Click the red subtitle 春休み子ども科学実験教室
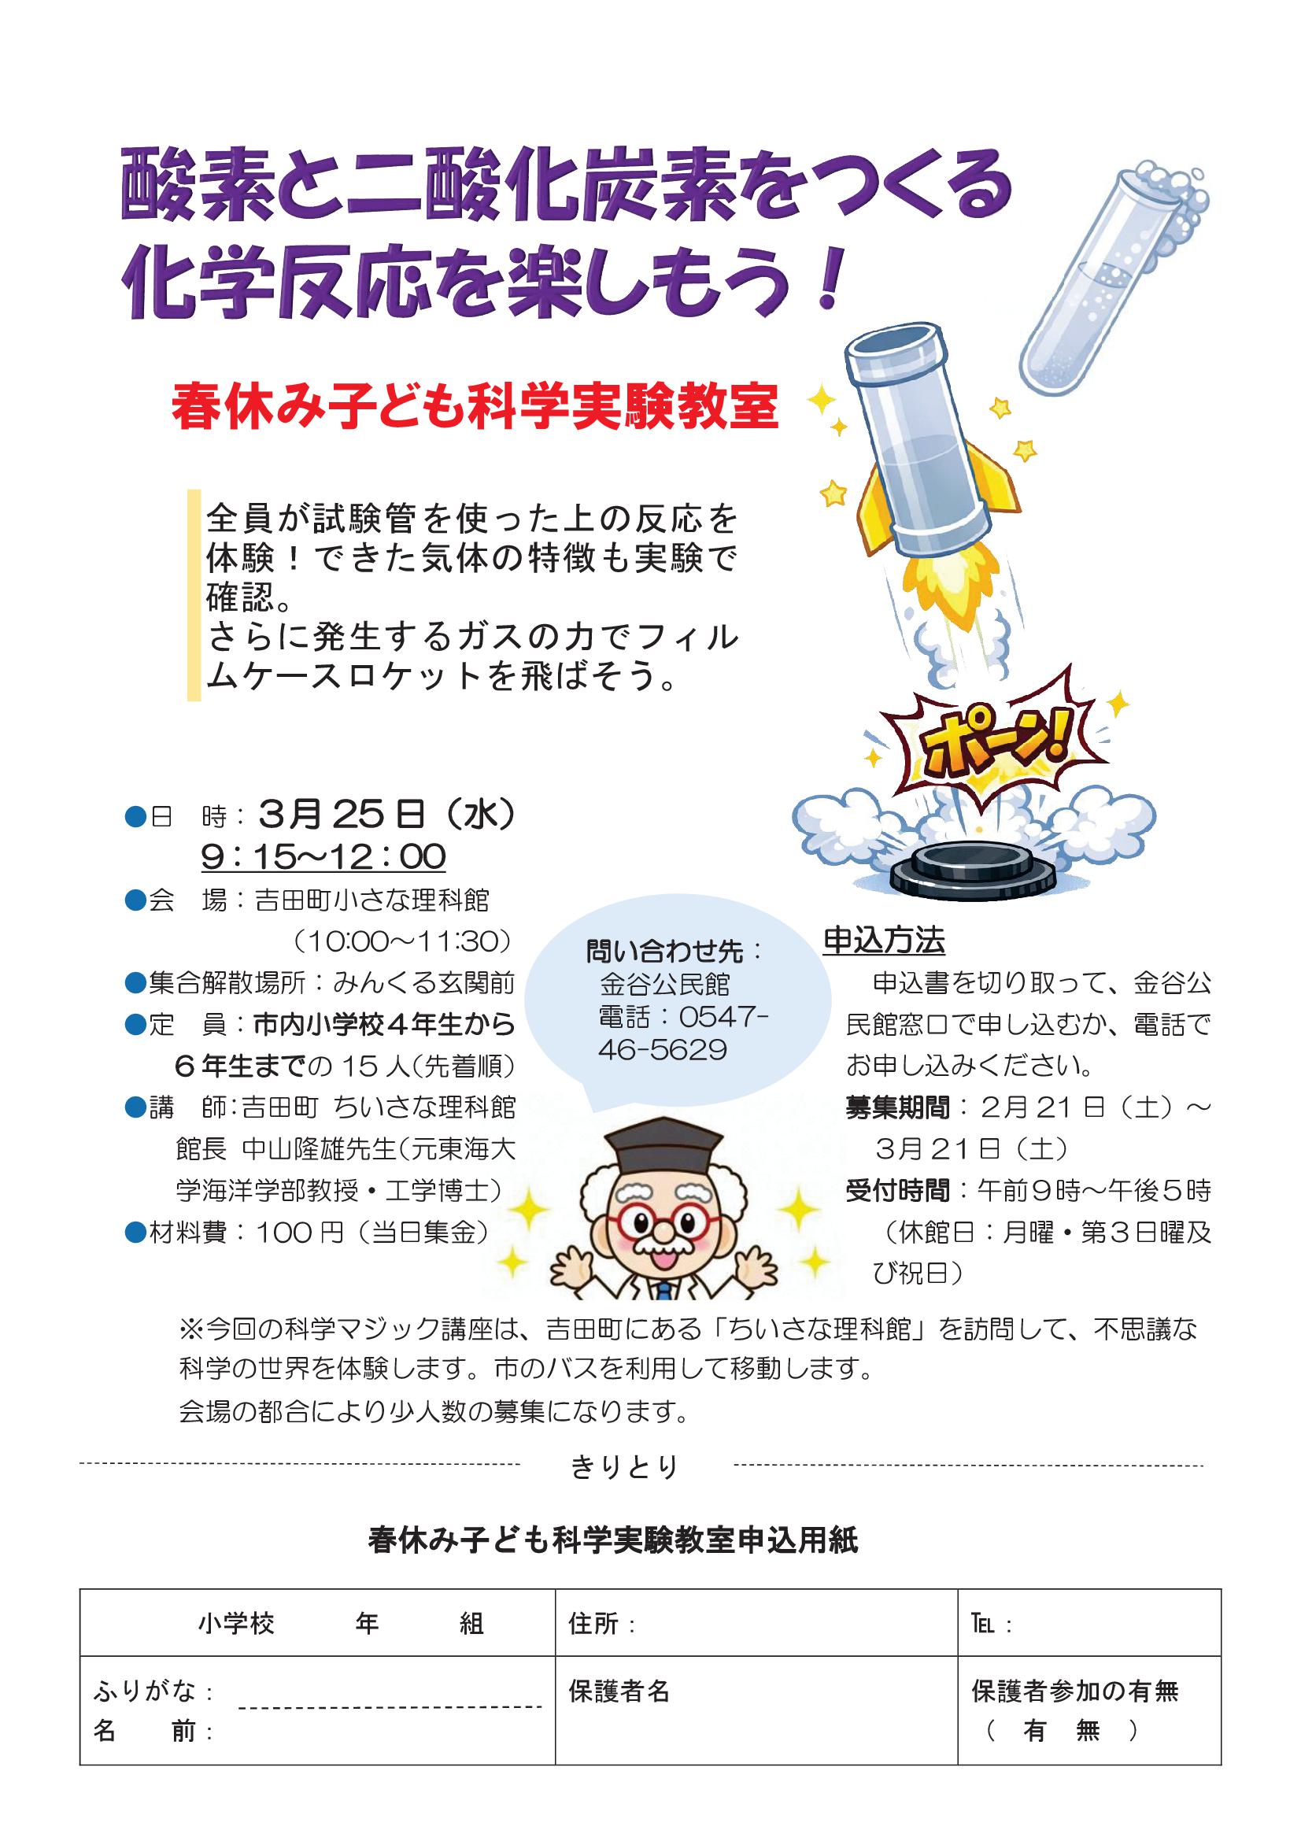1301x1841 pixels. click(475, 408)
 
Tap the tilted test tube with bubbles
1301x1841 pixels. click(1113, 280)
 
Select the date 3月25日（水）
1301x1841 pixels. click(388, 815)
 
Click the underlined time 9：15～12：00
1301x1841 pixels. click(323, 856)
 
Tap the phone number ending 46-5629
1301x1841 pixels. click(662, 1050)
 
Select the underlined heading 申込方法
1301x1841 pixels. click(884, 940)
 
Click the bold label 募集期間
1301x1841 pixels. click(897, 1108)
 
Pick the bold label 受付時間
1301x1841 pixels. click(897, 1191)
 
